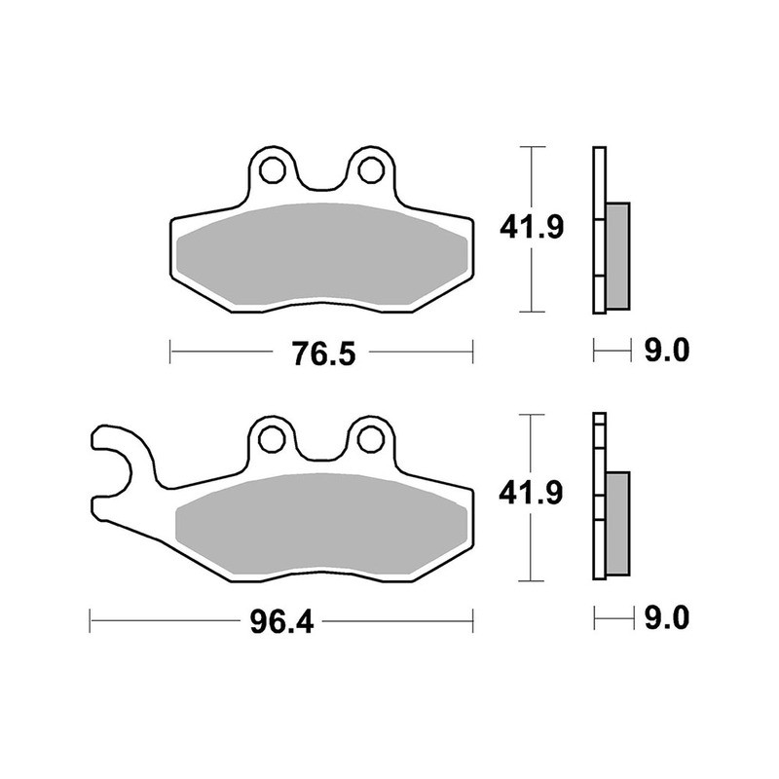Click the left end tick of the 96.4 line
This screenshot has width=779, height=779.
click(x=90, y=619)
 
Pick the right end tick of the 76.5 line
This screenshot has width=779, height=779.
click(x=472, y=352)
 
